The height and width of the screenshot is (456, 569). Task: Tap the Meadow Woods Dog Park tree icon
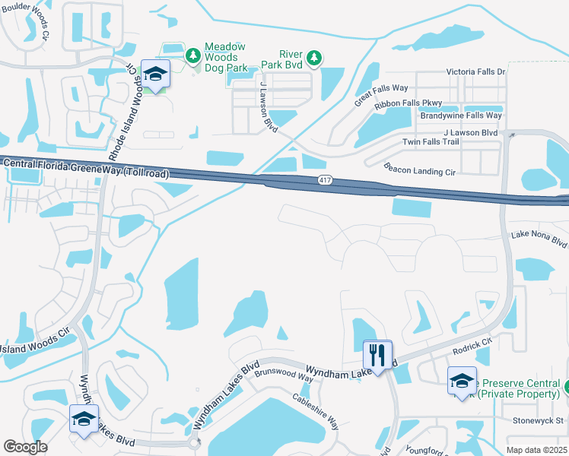point(193,55)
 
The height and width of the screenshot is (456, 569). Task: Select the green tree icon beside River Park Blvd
point(313,57)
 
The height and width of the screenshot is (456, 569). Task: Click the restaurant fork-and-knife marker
point(377,354)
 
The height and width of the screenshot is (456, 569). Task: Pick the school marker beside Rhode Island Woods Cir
point(155,74)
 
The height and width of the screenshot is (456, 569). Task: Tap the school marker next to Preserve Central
point(462,382)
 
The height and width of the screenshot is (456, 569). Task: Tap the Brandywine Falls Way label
point(460,116)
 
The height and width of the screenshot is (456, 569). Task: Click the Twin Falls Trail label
point(431,142)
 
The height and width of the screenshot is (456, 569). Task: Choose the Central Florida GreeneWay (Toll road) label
point(84,168)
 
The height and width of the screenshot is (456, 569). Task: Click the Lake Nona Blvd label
point(539,240)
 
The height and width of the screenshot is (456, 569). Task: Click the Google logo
point(26,447)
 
